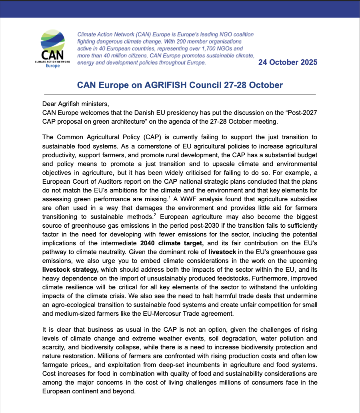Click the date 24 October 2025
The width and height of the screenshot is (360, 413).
pos(288,62)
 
